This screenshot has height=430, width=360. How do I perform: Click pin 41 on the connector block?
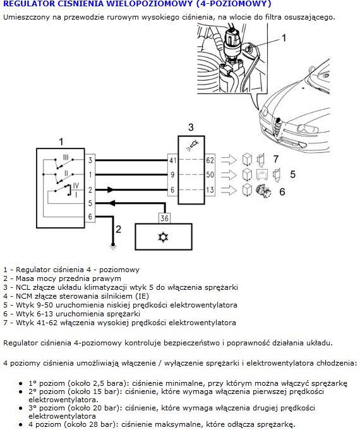click(172, 160)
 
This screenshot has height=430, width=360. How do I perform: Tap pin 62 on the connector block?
click(210, 160)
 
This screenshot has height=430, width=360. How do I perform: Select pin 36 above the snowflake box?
click(164, 218)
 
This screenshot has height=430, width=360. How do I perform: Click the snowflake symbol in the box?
click(163, 237)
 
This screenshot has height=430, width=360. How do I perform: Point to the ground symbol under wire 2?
click(112, 246)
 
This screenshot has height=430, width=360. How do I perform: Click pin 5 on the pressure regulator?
click(90, 203)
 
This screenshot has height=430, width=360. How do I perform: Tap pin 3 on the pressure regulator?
click(90, 160)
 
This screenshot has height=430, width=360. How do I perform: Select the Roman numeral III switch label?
click(66, 158)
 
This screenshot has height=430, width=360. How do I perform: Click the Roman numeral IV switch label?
click(76, 186)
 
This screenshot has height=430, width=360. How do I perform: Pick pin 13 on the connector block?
click(210, 190)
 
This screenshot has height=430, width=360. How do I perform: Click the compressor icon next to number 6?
click(263, 191)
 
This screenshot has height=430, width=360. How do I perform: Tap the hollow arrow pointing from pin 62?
click(229, 160)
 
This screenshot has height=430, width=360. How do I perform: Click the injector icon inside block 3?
click(193, 145)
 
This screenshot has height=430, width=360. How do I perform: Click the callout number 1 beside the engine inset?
click(284, 38)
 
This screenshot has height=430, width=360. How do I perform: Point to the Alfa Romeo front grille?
click(278, 128)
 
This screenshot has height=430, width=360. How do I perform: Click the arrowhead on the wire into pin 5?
click(112, 203)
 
